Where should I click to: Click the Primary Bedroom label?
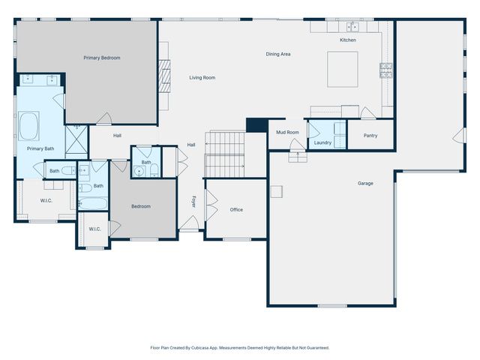coord(101,58)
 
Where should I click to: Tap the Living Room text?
coord(202,77)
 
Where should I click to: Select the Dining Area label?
coord(278,54)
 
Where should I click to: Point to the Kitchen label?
coord(348,40)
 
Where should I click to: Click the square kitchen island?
coord(343,68)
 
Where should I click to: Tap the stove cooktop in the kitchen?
coord(386,70)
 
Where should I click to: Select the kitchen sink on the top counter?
coord(353,27)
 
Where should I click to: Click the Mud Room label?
coord(287,132)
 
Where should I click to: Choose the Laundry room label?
coord(323,142)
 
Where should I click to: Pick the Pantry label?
coord(370,136)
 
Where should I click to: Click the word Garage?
coord(365,183)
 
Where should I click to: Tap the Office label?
coord(236,209)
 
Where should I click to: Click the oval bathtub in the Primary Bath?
coord(30,126)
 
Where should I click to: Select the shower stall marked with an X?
coord(76,139)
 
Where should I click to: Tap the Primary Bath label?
coord(40,148)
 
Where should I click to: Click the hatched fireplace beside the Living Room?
coord(163,76)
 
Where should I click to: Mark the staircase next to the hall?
coord(225,153)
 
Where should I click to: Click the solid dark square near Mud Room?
coord(256,125)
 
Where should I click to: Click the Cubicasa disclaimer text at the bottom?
coord(240,348)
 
